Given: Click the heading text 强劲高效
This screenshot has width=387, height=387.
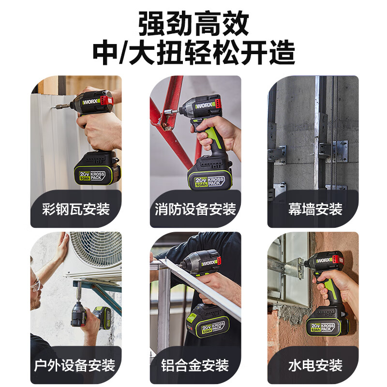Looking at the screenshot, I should pyautogui.click(x=193, y=23).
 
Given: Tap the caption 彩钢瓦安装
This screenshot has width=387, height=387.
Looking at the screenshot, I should pyautogui.click(x=75, y=209).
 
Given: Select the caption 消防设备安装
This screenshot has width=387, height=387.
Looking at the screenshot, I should pyautogui.click(x=195, y=209).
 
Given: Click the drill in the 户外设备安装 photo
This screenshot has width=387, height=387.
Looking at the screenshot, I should pyautogui.click(x=80, y=312).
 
